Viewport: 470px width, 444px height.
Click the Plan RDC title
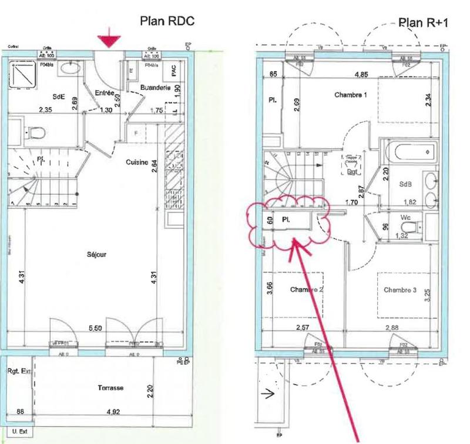pos(166,21)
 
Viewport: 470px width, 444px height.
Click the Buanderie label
pos(155,88)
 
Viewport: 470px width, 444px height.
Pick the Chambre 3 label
pos(401,290)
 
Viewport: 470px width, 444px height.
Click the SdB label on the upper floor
pos(406,183)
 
